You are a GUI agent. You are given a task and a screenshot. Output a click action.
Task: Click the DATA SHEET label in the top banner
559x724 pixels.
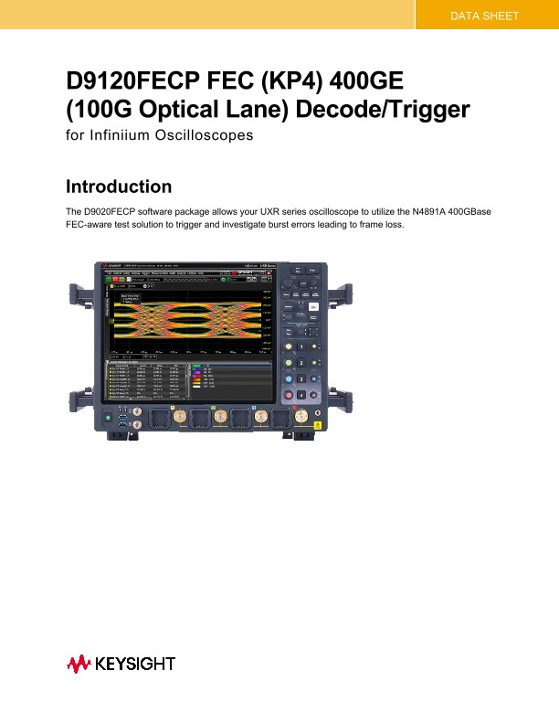[485, 16]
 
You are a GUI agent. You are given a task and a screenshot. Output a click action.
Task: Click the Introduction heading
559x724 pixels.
[119, 186]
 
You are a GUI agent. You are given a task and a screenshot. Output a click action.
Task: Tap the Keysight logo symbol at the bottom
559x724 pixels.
[78, 662]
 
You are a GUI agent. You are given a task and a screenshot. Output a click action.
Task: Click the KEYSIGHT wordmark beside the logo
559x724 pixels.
[135, 662]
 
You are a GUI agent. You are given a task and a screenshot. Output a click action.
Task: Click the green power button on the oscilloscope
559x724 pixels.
[108, 419]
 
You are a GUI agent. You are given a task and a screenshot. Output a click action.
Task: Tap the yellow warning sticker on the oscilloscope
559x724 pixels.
[317, 426]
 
